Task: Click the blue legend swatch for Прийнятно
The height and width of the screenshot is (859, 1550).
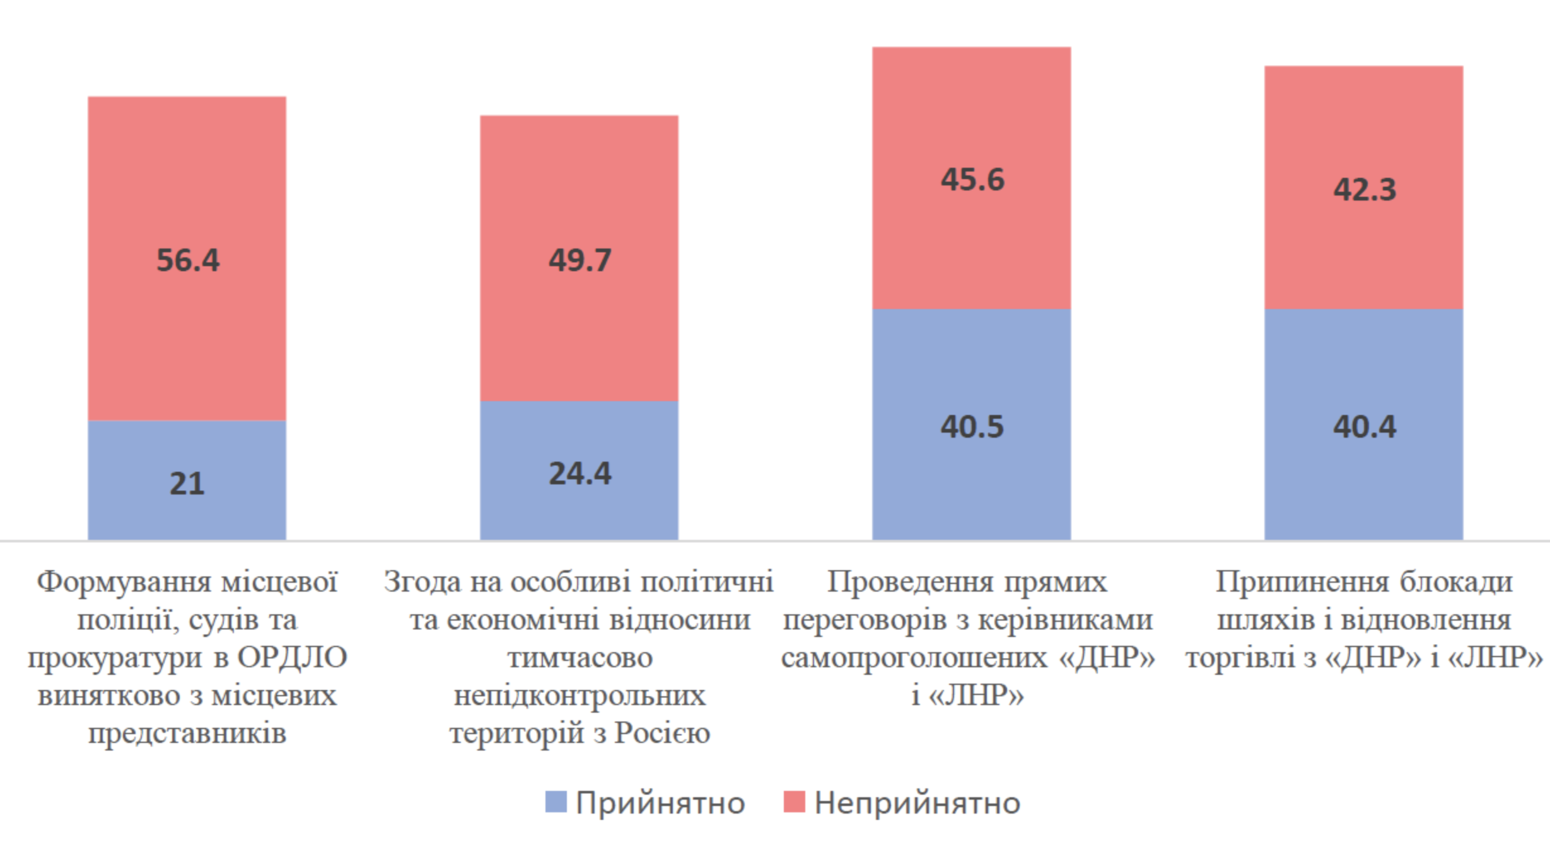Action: coord(556,802)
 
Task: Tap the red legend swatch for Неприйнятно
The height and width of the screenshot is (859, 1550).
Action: coord(794,802)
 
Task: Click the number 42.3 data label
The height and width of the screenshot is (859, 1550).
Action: coord(1365,190)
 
